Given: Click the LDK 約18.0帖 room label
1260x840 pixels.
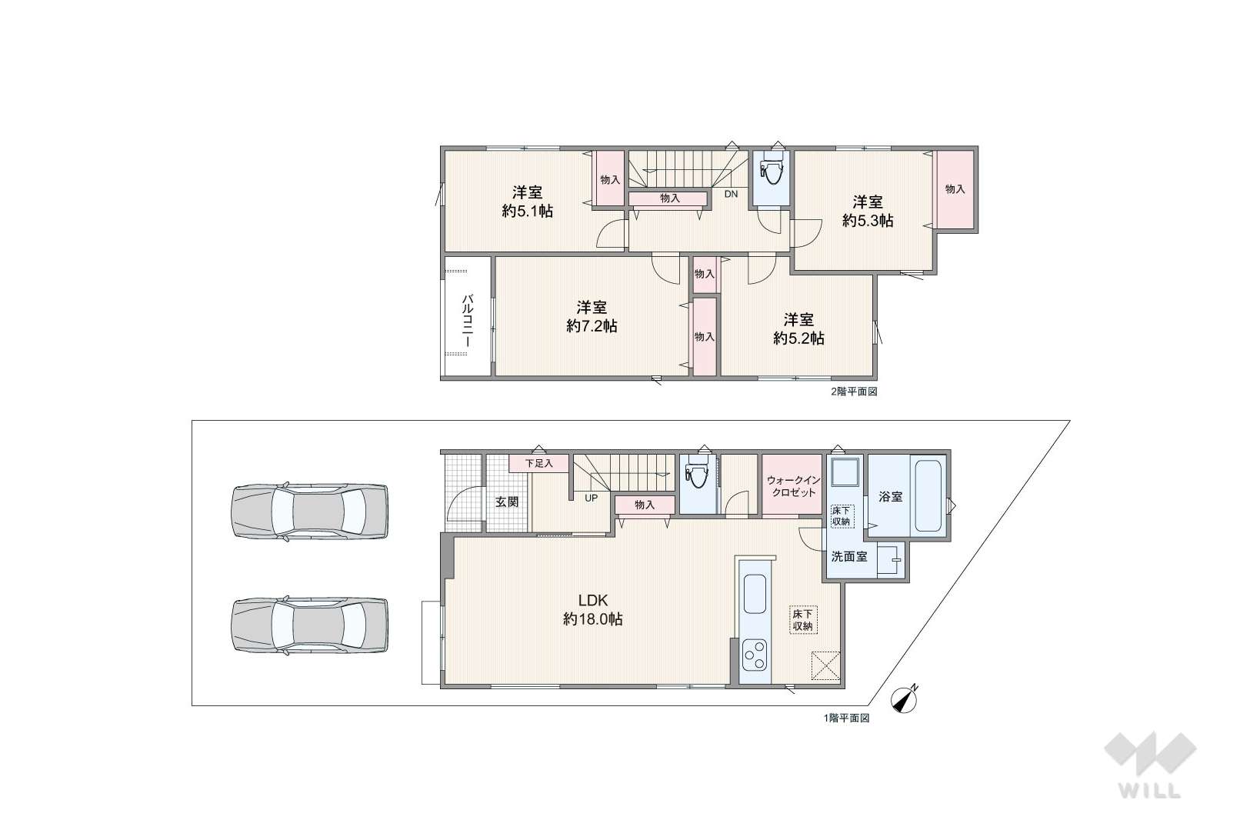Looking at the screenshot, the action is [x=593, y=610].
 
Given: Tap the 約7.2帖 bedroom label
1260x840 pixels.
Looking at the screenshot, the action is [x=592, y=317].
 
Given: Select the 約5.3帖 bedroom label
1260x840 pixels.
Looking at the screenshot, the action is [x=868, y=211].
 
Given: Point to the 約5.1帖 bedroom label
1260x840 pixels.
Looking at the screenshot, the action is [x=527, y=202].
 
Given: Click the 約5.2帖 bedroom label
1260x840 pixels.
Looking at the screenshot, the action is [x=798, y=329].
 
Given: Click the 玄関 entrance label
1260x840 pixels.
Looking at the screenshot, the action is [x=507, y=502].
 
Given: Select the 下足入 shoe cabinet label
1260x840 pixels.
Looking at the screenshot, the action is [x=539, y=464].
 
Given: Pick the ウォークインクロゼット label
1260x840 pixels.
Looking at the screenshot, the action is [x=794, y=487].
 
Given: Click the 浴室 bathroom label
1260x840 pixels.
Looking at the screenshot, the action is [x=891, y=497].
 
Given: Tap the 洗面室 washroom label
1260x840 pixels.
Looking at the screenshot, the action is [x=849, y=557].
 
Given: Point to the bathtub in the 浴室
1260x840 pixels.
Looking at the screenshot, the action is [x=929, y=496].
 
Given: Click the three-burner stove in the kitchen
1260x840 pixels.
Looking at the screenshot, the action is [x=755, y=655].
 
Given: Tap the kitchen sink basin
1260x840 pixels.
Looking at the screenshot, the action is [x=755, y=594].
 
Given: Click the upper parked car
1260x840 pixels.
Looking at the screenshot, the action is [x=310, y=512].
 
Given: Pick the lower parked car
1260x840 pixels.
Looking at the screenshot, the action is [x=310, y=625].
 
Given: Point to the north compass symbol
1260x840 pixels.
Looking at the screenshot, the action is [x=905, y=700].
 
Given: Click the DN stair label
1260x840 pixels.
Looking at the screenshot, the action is [x=731, y=194].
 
